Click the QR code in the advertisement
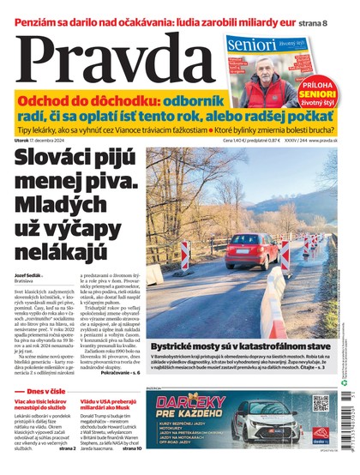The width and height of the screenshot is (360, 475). click(x=321, y=404)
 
